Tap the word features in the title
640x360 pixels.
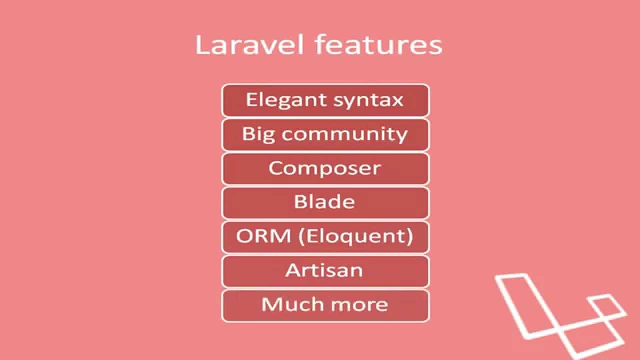(x=378, y=45)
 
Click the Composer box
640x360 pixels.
(x=325, y=168)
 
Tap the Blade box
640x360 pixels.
(x=325, y=202)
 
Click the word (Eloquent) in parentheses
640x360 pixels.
(x=355, y=236)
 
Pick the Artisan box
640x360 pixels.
(x=325, y=270)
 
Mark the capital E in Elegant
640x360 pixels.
(x=251, y=99)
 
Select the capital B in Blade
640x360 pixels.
(x=300, y=201)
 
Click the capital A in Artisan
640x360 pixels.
(x=292, y=270)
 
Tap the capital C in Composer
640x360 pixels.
(x=276, y=168)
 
